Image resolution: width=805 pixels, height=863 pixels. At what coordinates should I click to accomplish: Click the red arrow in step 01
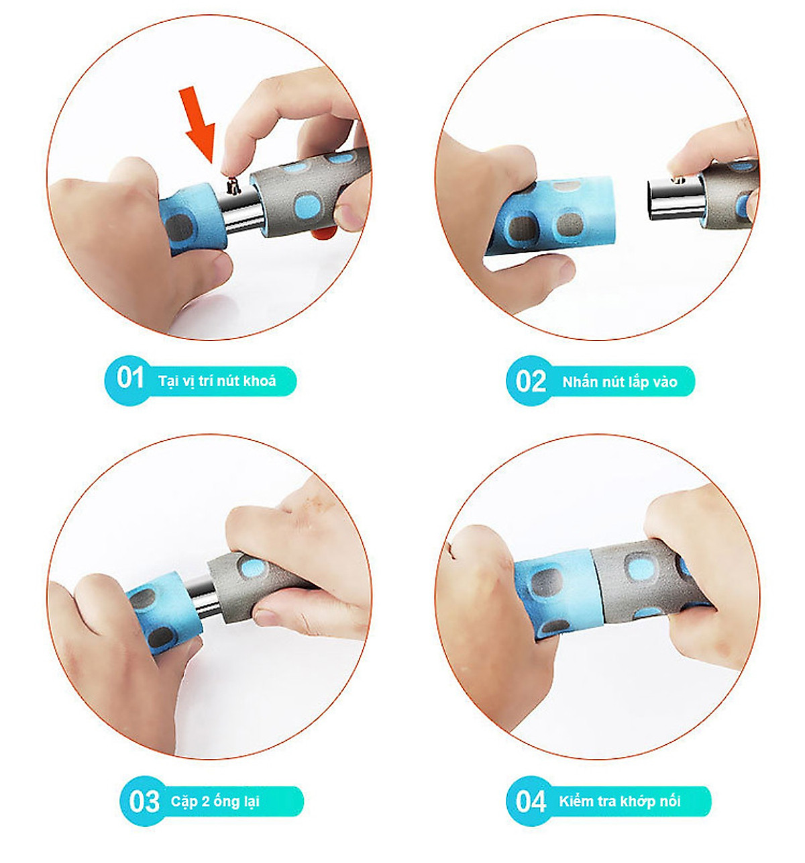(198, 124)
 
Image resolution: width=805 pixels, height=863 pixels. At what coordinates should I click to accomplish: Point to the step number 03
(144, 802)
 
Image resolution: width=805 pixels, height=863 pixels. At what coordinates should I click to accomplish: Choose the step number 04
(530, 801)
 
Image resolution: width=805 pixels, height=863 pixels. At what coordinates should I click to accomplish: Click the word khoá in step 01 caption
(259, 381)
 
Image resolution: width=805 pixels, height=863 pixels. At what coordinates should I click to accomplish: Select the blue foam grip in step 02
(550, 215)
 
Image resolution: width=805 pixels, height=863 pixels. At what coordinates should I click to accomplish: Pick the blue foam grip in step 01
(193, 218)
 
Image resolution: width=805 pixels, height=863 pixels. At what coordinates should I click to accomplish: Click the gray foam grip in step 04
(647, 582)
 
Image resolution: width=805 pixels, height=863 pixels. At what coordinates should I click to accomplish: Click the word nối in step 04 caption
(672, 801)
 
